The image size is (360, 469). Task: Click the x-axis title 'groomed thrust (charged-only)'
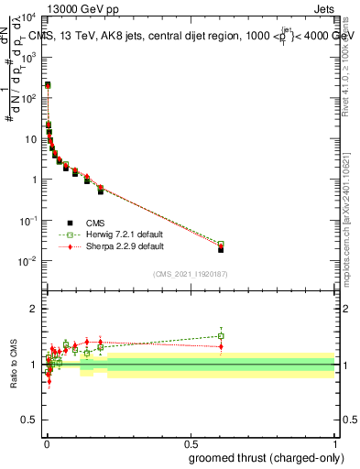pos(262,457)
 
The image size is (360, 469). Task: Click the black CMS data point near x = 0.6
pos(221,249)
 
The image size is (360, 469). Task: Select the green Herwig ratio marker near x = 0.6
pos(221,336)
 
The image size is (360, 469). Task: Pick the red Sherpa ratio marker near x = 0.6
pos(221,346)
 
